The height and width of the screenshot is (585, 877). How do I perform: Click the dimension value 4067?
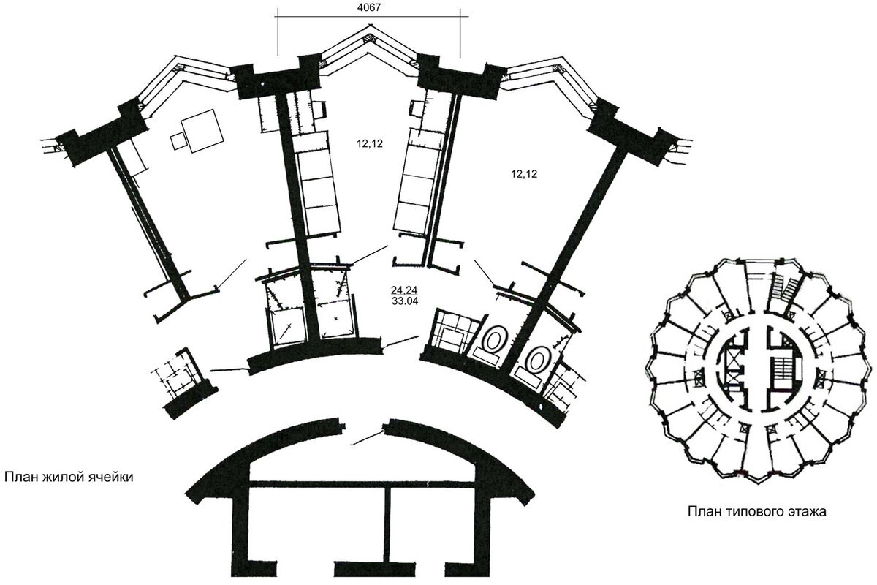pos(369,7)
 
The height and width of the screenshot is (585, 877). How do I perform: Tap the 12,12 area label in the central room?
pos(370,144)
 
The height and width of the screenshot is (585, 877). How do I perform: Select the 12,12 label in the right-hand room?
pos(524,173)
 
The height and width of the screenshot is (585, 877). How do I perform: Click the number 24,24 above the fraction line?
pos(404,290)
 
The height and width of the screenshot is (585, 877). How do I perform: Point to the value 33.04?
pos(405,301)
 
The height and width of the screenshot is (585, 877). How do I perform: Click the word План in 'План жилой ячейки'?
pos(20,477)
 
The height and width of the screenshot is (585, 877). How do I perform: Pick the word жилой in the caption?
pos(61,477)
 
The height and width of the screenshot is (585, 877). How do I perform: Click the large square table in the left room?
pos(202,131)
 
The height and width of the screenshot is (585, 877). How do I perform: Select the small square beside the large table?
pos(178,141)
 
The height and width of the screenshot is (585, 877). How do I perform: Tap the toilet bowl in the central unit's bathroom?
pos(496,341)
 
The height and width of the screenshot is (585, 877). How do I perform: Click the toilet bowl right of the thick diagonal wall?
pos(539,359)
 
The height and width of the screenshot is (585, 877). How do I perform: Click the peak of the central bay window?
pos(368,26)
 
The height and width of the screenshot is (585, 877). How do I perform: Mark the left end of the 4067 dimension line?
pos(278,17)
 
